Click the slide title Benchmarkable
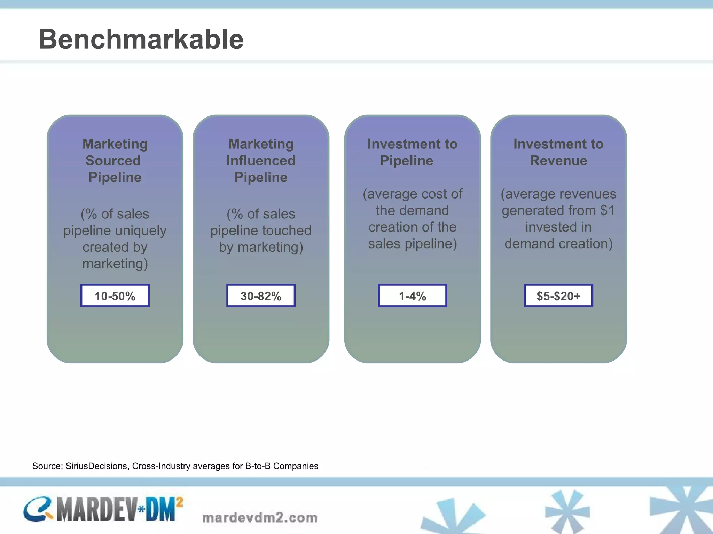pyautogui.click(x=141, y=39)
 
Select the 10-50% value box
pyautogui.click(x=115, y=296)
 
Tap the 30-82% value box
pyautogui.click(x=261, y=296)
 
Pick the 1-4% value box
pyautogui.click(x=412, y=296)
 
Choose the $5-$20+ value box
pyautogui.click(x=558, y=296)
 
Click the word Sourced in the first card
pyautogui.click(x=113, y=161)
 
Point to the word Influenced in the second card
pyautogui.click(x=261, y=161)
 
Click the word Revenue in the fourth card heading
pyautogui.click(x=558, y=161)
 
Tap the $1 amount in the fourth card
pyautogui.click(x=608, y=210)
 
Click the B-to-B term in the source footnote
pyautogui.click(x=258, y=466)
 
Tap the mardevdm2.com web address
pyautogui.click(x=260, y=518)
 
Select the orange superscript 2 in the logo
pyautogui.click(x=179, y=502)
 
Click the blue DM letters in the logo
pyautogui.click(x=160, y=510)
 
